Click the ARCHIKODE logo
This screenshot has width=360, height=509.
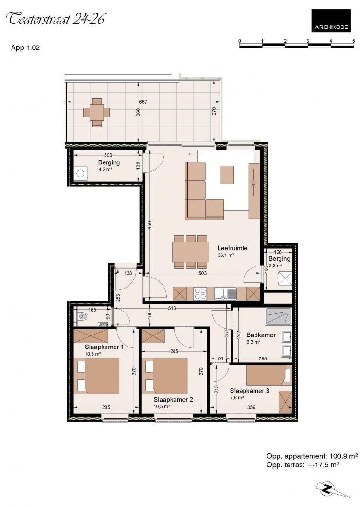tap(331, 21)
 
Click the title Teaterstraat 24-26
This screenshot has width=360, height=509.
tap(56, 19)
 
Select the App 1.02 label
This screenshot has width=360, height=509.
tap(25, 48)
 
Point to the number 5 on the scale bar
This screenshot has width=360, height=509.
tap(353, 41)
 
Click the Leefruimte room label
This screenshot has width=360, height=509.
tap(232, 248)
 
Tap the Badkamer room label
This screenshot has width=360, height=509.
tap(261, 335)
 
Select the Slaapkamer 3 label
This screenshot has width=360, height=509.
tap(249, 391)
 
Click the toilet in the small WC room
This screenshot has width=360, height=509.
tap(82, 315)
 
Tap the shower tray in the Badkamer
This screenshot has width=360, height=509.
tap(279, 317)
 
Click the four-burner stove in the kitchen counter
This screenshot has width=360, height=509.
tap(200, 294)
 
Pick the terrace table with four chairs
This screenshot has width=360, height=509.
tap(96, 112)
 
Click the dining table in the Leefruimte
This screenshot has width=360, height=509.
tap(191, 252)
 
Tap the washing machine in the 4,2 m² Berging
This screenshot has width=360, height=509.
tap(81, 173)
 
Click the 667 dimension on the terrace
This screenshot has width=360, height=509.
tap(143, 102)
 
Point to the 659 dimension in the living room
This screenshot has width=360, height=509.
tap(150, 225)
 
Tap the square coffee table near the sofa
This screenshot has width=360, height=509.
tap(227, 174)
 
